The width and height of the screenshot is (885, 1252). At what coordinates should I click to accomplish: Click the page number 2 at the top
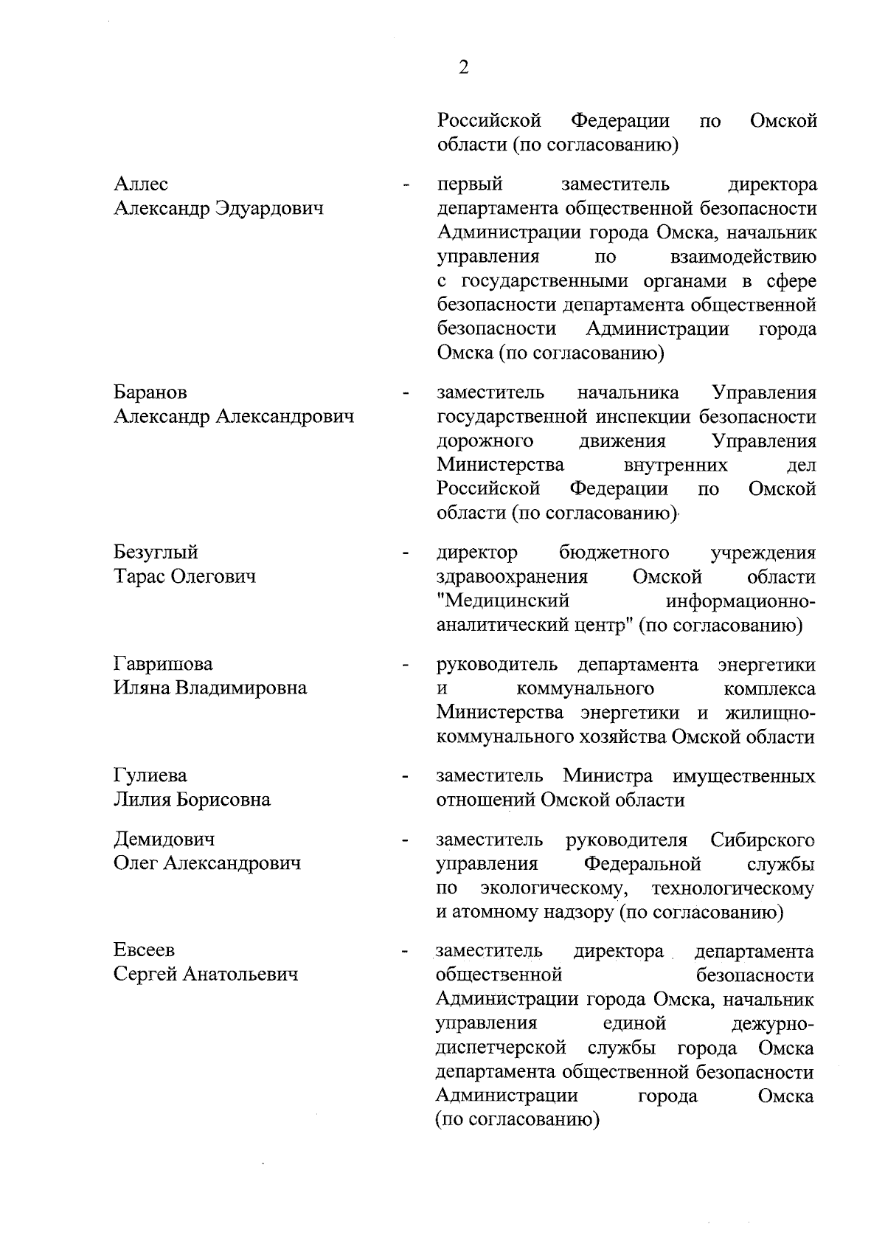(x=463, y=68)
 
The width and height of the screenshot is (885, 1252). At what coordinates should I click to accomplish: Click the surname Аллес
(x=141, y=184)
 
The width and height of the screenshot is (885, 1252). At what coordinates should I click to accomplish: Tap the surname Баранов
(x=150, y=392)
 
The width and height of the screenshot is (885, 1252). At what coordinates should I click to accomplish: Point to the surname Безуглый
(x=156, y=553)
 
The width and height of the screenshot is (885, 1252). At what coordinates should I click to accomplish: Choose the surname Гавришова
(x=163, y=664)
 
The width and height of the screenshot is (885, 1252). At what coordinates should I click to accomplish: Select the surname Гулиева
(x=150, y=776)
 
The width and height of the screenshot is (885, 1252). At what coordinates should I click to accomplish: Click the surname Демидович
(x=164, y=840)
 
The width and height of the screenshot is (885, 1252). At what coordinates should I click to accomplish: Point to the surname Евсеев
(x=145, y=951)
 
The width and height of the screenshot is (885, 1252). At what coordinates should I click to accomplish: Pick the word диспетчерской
(x=501, y=1048)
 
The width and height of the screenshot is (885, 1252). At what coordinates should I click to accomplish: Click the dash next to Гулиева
(x=404, y=777)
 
